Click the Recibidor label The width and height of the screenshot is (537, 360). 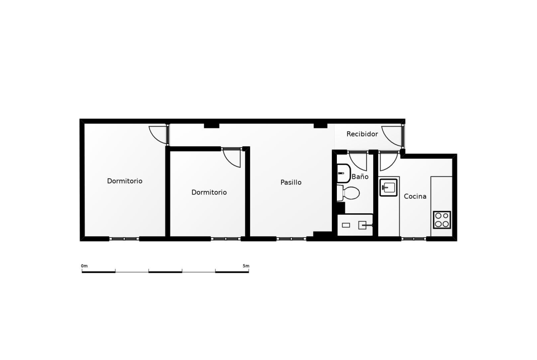[362, 134]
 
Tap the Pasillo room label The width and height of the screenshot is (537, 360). [291, 183]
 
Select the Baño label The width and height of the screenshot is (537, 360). [360, 177]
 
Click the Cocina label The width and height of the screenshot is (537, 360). [415, 196]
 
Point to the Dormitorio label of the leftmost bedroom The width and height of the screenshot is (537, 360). [125, 181]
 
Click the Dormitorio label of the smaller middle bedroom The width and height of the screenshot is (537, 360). [209, 192]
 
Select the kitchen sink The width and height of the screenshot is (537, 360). [389, 188]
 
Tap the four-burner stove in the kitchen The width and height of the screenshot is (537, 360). [442, 220]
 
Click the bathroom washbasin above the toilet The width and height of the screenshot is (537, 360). [343, 173]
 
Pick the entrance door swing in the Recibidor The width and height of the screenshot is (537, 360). [392, 136]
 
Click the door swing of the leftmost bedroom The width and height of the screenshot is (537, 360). [159, 134]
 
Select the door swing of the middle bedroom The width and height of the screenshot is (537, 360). [232, 158]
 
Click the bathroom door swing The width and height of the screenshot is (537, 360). [358, 161]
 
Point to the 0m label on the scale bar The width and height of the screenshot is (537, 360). [84, 266]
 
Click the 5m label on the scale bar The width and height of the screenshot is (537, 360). [246, 266]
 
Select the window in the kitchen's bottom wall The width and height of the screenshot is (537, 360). [414, 238]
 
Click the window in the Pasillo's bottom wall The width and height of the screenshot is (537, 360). [291, 238]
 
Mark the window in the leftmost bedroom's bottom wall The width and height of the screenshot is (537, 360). [124, 238]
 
